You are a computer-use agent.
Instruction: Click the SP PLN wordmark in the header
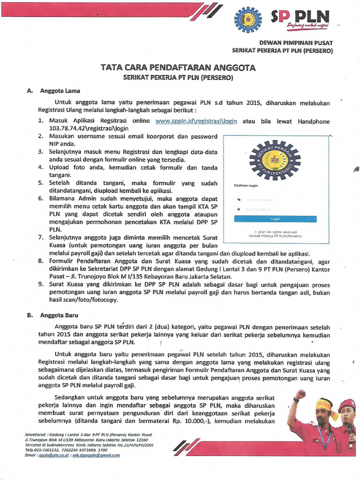(x=300, y=17)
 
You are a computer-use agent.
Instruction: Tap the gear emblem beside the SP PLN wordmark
(x=248, y=20)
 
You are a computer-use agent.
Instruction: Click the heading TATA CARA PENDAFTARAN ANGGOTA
(x=178, y=67)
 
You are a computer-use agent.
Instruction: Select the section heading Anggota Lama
(x=60, y=91)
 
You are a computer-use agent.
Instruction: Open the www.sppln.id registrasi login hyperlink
(x=196, y=121)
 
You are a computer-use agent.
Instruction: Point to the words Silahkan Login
(x=246, y=186)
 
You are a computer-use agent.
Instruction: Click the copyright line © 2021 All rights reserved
(x=276, y=232)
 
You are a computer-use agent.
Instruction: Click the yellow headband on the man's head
(x=323, y=404)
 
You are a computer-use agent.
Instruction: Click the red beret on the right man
(x=346, y=404)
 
